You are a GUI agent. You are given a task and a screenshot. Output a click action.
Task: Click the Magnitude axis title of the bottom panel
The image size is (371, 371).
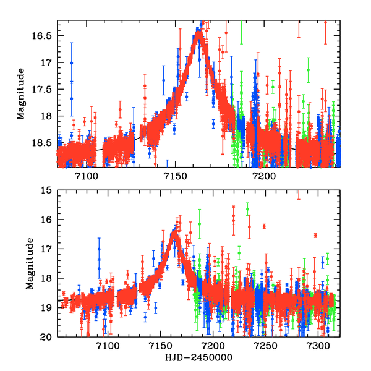28,263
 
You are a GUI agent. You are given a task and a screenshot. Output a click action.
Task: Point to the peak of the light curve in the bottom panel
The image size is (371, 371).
175,232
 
